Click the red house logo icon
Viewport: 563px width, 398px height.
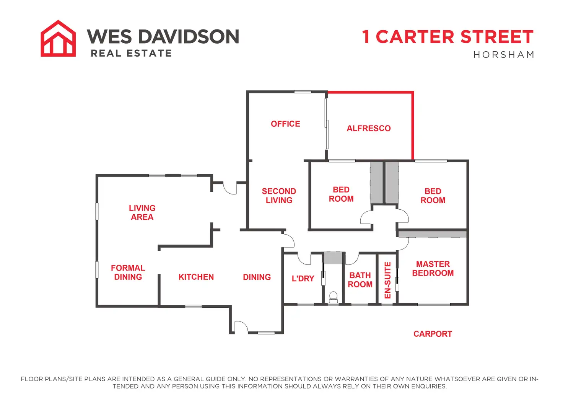click(58, 39)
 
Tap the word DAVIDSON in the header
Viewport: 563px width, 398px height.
click(189, 36)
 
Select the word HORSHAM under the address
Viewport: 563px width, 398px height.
click(504, 55)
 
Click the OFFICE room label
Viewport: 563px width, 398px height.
click(285, 124)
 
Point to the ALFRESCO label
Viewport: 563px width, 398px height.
click(369, 128)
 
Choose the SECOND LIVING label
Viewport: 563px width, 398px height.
click(279, 196)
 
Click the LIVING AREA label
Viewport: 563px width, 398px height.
click(142, 212)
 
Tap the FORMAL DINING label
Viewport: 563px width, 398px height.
click(128, 272)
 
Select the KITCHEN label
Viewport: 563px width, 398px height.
click(196, 277)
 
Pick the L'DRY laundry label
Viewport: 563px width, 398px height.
click(303, 278)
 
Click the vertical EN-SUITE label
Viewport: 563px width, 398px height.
click(387, 280)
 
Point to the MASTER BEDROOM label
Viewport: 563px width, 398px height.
click(433, 268)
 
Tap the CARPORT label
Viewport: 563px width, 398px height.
click(433, 334)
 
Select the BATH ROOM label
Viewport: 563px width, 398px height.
click(360, 280)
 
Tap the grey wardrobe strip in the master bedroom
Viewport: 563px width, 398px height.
click(432, 234)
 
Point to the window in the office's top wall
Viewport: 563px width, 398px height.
click(303, 92)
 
